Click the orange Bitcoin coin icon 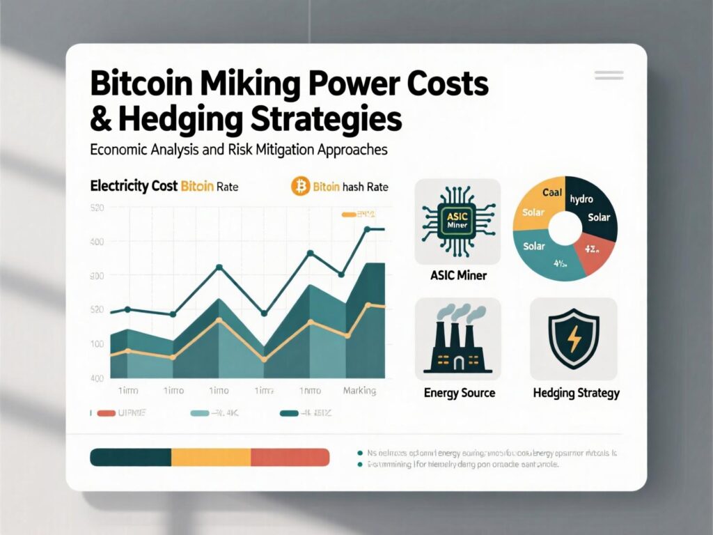(x=300, y=187)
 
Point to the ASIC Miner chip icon (x=457, y=221)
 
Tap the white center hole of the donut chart (x=565, y=227)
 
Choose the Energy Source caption (x=459, y=393)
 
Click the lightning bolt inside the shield (x=574, y=339)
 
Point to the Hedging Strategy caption (x=576, y=393)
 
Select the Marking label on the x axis (x=359, y=391)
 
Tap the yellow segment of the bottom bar (x=210, y=457)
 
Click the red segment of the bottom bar (x=290, y=457)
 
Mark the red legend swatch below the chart (x=105, y=414)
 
